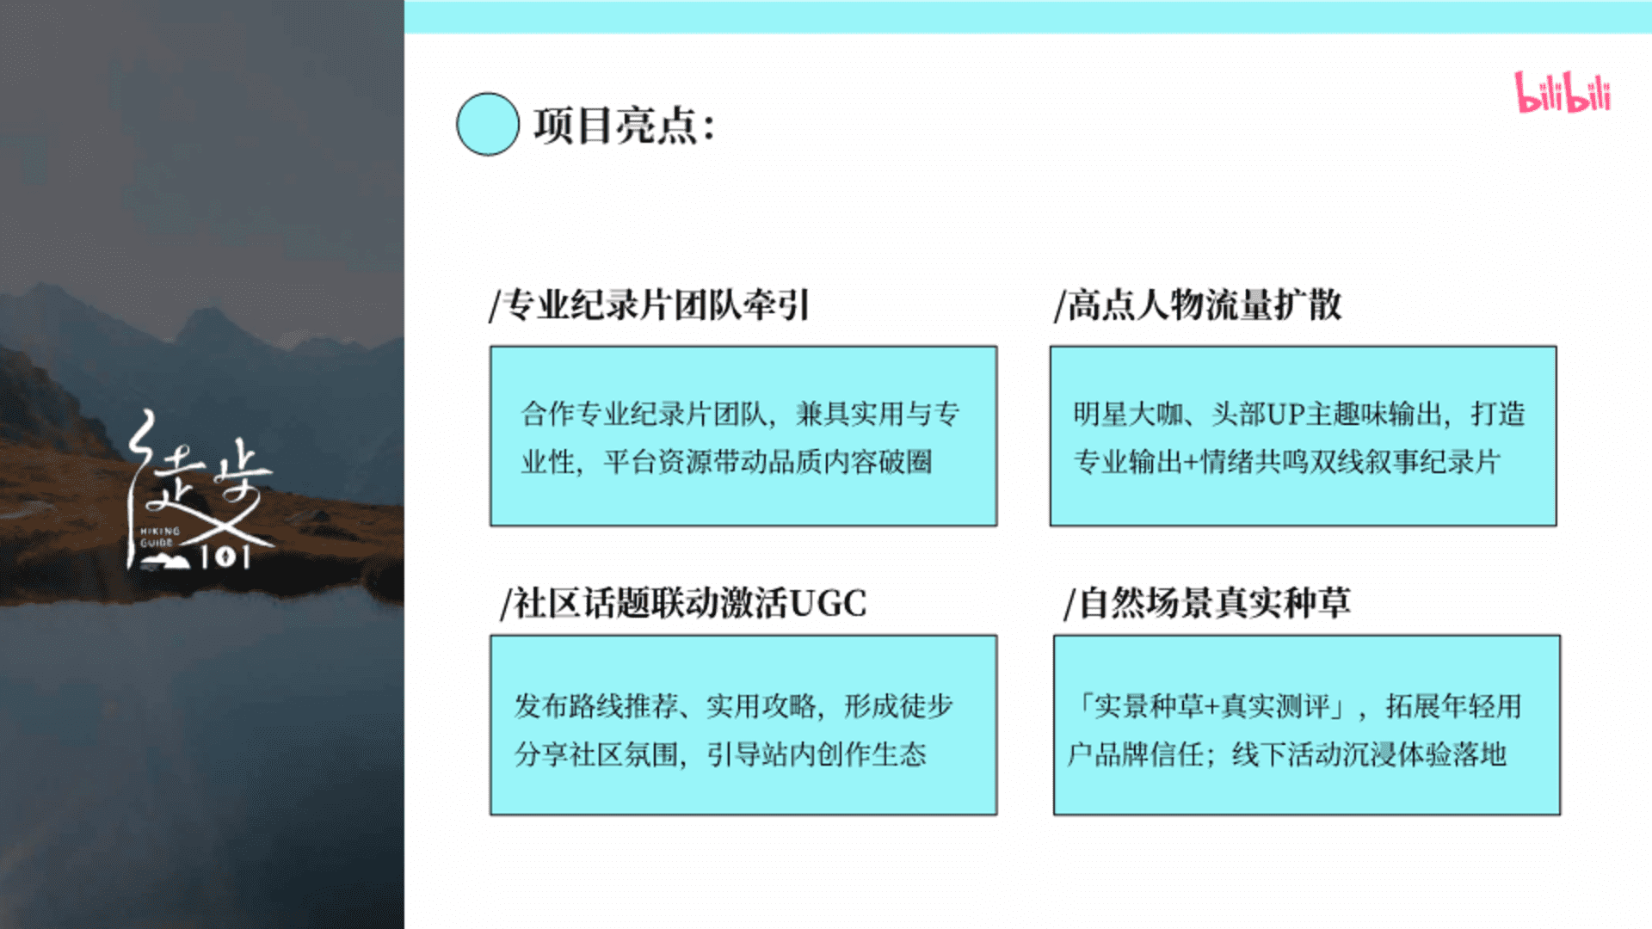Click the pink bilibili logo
(1563, 92)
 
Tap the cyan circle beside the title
(488, 124)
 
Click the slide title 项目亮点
(614, 126)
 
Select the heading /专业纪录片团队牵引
(650, 305)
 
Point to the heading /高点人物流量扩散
(1198, 305)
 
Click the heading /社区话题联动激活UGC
(683, 603)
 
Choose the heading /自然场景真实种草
(1207, 603)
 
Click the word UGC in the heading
(828, 603)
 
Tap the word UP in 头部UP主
(1285, 414)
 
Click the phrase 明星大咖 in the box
(1128, 414)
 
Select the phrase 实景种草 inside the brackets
(1150, 706)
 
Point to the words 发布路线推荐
(597, 706)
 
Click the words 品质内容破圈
(850, 462)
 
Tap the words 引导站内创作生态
(817, 754)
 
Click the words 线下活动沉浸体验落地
(1369, 754)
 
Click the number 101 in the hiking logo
(225, 557)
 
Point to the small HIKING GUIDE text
(160, 537)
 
